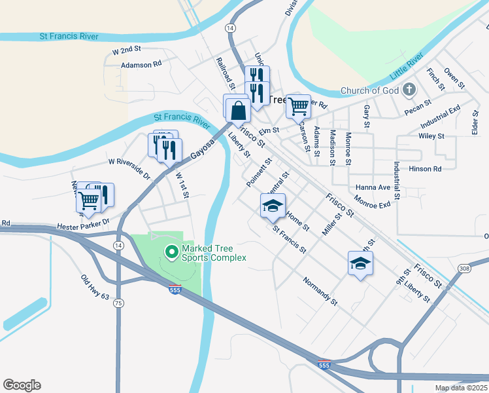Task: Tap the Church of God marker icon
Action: pyautogui.click(x=409, y=90)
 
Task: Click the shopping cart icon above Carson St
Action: pyautogui.click(x=298, y=105)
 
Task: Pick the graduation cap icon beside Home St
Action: pyautogui.click(x=273, y=206)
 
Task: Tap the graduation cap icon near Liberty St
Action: pyautogui.click(x=360, y=263)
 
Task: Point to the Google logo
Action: pyautogui.click(x=22, y=385)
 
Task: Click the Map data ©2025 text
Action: pyautogui.click(x=461, y=388)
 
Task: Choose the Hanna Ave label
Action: pyautogui.click(x=372, y=187)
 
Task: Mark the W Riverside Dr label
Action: pyautogui.click(x=129, y=168)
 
